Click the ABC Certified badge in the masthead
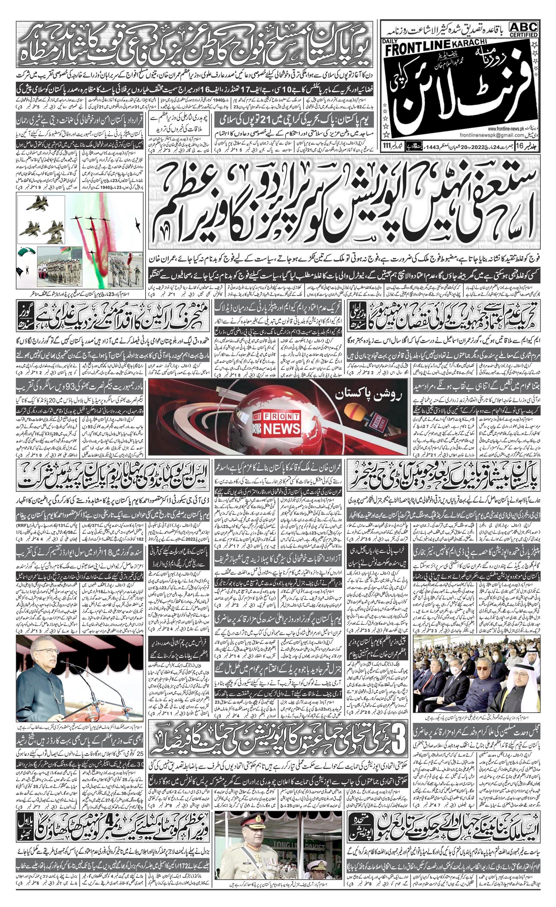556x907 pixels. coord(523,29)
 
